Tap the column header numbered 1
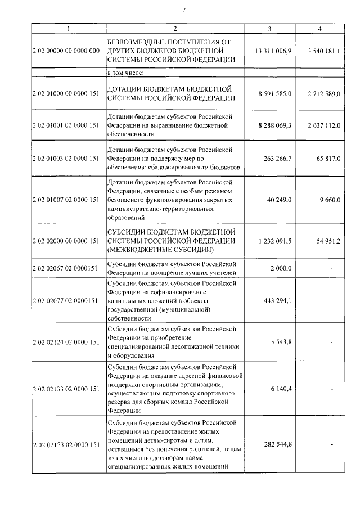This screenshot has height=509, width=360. [x=67, y=29]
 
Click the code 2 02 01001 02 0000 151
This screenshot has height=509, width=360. [x=66, y=125]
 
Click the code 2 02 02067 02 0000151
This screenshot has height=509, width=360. [x=65, y=269]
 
